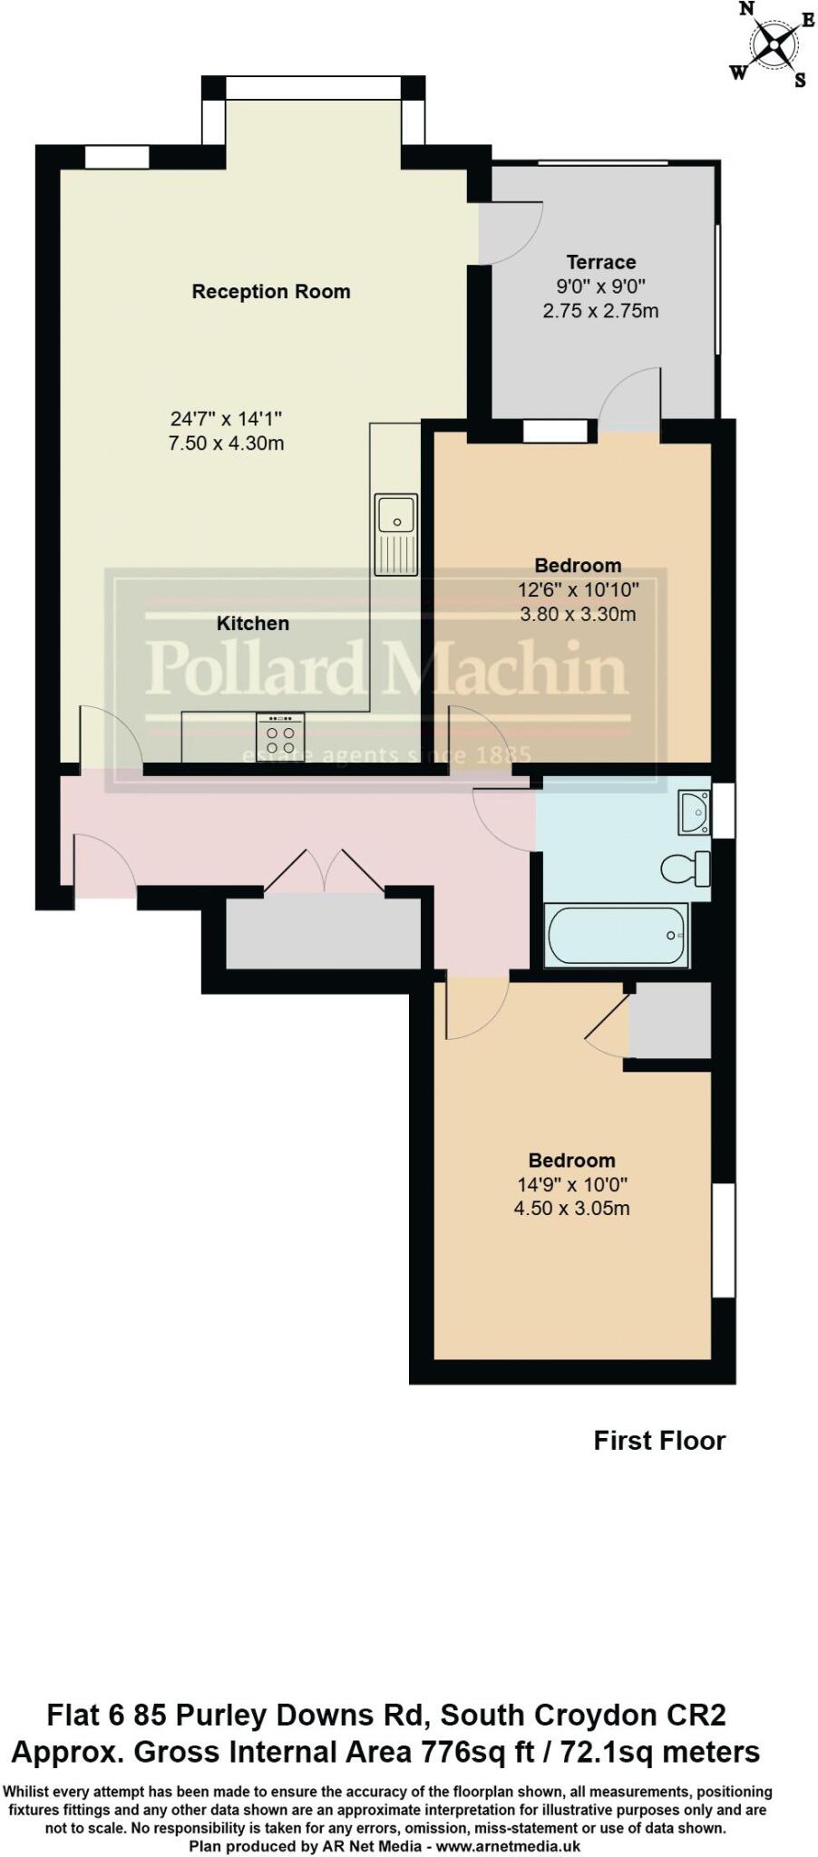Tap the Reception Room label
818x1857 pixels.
(x=270, y=291)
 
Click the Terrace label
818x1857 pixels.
(x=600, y=262)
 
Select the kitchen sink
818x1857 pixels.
(x=395, y=534)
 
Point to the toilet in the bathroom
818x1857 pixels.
(x=687, y=869)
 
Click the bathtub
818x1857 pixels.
(x=616, y=935)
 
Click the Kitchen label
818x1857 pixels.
(x=253, y=623)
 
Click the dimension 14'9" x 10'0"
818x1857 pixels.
(x=572, y=1184)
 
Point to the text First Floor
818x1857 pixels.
(x=659, y=1441)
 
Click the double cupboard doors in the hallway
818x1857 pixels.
(x=324, y=872)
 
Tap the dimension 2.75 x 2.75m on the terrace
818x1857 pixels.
(x=600, y=311)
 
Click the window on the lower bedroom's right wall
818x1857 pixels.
(x=723, y=1240)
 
